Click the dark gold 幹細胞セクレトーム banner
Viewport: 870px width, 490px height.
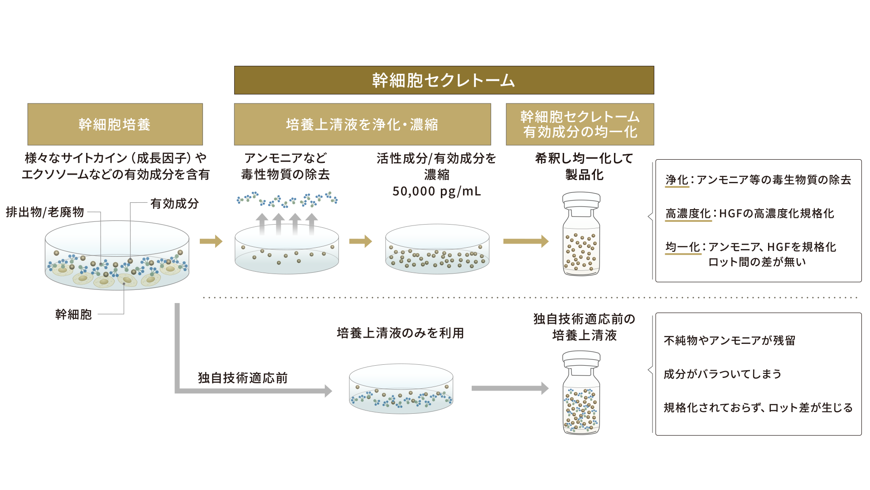(444, 80)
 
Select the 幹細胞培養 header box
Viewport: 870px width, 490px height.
(115, 124)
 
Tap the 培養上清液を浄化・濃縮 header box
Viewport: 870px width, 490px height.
(362, 124)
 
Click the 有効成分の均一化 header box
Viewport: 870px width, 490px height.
(580, 124)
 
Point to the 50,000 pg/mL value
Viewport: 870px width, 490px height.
(436, 191)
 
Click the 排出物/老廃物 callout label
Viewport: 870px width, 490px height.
(45, 212)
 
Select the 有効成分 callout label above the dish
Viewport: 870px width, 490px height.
(174, 204)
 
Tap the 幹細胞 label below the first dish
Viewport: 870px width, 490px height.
(73, 314)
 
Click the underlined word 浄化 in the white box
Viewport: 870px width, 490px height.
(677, 180)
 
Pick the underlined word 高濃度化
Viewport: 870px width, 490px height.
(688, 214)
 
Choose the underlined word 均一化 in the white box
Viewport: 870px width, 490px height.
(682, 247)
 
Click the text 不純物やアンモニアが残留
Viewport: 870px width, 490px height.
(730, 341)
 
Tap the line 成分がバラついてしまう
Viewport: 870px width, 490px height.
(722, 374)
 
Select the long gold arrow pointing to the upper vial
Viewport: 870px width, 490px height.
(526, 241)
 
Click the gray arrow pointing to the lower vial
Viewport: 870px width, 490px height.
(510, 388)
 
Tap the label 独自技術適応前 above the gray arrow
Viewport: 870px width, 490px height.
(242, 378)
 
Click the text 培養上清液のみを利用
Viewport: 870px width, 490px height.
(401, 333)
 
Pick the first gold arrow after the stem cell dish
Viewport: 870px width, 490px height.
(211, 241)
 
